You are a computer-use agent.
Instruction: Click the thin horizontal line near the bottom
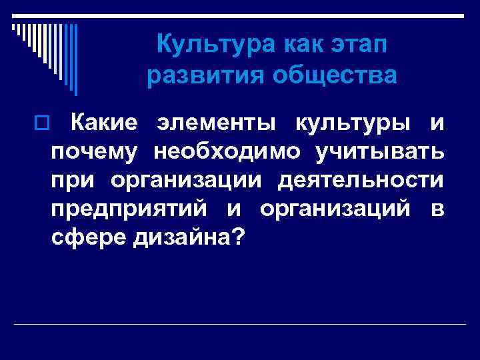pos(240,325)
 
